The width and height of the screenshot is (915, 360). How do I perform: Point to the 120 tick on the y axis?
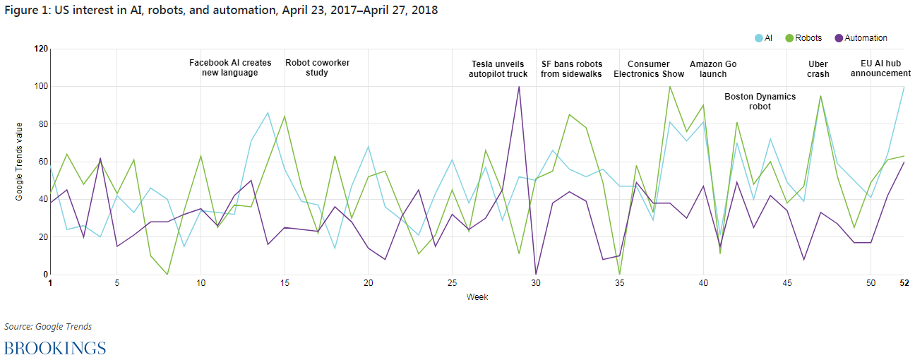point(40,49)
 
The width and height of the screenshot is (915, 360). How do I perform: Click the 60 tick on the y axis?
point(42,162)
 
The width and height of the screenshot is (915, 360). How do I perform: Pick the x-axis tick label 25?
point(452,283)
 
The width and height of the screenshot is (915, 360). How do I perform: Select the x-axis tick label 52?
point(904,283)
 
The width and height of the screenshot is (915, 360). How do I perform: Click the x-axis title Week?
point(477,297)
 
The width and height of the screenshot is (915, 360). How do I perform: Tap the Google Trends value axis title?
point(20,162)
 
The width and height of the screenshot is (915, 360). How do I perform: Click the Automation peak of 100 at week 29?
point(519,87)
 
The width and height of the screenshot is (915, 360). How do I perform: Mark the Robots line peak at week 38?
point(669,87)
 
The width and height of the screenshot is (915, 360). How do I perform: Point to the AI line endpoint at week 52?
point(904,87)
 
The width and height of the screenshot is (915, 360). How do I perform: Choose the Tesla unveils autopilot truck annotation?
point(498,68)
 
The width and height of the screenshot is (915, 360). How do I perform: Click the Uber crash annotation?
point(818,68)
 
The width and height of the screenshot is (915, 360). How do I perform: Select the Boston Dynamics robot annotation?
point(760,102)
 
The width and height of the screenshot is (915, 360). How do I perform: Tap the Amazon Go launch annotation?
point(713,68)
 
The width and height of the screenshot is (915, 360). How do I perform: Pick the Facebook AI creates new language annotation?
point(230,68)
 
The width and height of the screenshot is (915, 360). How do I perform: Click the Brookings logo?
point(55,347)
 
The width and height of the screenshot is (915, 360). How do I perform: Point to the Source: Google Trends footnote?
point(48,326)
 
